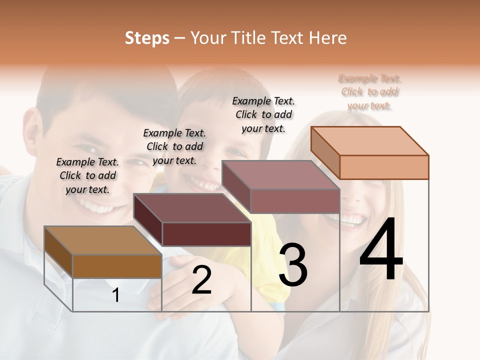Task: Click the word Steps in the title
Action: coord(147,38)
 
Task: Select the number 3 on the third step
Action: coord(293,265)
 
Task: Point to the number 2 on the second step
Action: coord(202,280)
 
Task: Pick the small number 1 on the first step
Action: coord(116,295)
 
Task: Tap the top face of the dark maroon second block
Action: coord(192,207)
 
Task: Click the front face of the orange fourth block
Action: coord(384,167)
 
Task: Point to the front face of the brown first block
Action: coord(117,266)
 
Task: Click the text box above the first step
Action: coord(87,175)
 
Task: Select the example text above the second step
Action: coord(174,146)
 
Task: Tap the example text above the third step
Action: coord(263,114)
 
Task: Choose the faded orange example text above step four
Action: coord(370,92)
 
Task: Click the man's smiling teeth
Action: coord(97,205)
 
